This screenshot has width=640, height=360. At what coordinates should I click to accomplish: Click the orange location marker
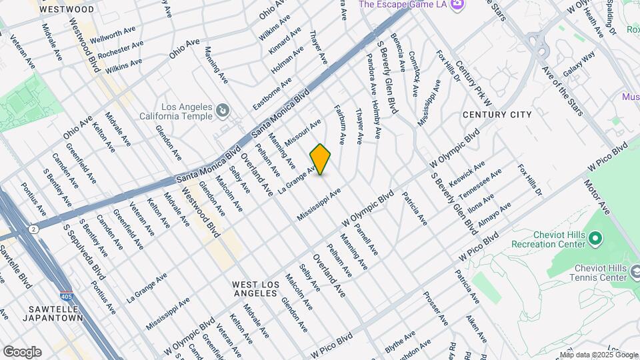(321, 159)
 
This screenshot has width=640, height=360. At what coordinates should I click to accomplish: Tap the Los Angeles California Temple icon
(223, 110)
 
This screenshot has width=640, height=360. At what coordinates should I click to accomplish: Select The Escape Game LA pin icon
(457, 5)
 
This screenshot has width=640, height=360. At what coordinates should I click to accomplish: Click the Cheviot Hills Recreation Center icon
(596, 238)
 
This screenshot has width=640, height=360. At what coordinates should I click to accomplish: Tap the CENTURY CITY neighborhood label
(497, 115)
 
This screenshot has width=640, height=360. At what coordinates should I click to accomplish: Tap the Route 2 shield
(34, 229)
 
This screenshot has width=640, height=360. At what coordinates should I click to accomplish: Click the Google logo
(22, 352)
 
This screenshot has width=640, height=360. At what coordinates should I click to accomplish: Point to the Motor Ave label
(597, 197)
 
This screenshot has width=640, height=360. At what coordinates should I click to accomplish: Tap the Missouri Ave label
(303, 132)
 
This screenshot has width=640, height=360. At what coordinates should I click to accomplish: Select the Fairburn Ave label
(340, 123)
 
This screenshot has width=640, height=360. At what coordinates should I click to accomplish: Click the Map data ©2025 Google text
(599, 355)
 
